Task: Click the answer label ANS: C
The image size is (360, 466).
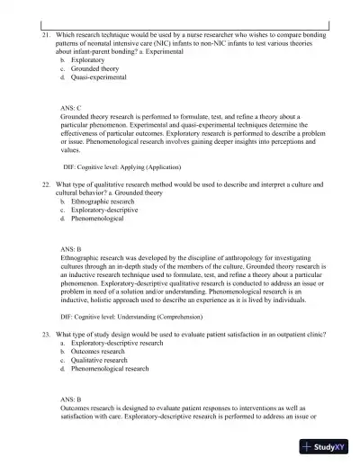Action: click(71, 107)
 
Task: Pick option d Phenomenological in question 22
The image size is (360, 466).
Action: click(97, 219)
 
